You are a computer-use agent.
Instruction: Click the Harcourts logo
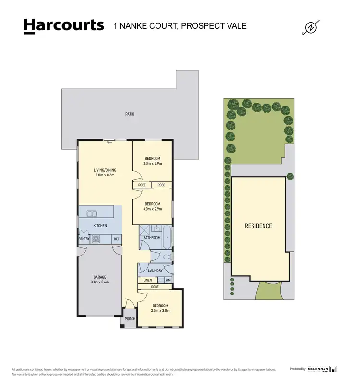click(x=63, y=25)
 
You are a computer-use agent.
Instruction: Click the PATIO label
click(x=130, y=114)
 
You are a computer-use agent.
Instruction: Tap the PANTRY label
click(x=84, y=238)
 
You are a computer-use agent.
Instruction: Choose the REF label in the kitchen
click(x=116, y=238)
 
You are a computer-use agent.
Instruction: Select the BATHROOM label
click(x=151, y=238)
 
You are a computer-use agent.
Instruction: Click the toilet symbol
click(x=166, y=257)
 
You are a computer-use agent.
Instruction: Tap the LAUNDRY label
click(x=155, y=270)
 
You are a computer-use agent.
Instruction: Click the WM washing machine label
click(x=168, y=280)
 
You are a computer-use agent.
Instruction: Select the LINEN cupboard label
click(x=147, y=280)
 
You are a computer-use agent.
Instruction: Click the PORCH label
click(x=130, y=319)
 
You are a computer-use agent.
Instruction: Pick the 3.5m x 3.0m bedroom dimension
click(x=160, y=310)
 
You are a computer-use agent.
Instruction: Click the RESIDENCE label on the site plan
click(x=258, y=226)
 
